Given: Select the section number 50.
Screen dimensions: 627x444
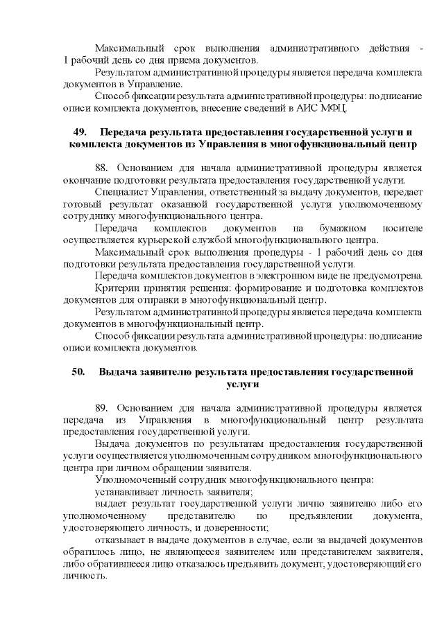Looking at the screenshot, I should tap(78, 372).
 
